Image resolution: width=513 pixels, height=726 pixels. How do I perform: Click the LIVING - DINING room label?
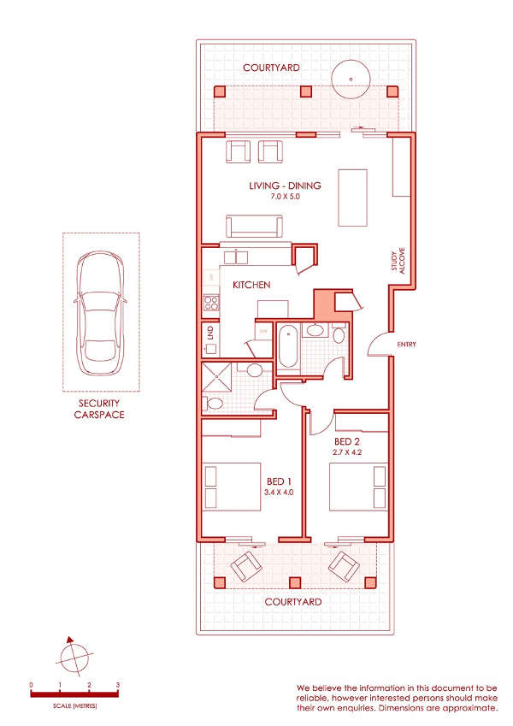[x=285, y=186]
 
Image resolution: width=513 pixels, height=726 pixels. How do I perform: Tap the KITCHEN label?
[x=251, y=285]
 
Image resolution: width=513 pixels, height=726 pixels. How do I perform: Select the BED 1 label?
[x=279, y=482]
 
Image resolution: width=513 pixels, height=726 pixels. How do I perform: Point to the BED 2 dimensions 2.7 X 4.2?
[x=347, y=452]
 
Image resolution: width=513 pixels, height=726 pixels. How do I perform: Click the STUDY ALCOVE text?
[x=398, y=261]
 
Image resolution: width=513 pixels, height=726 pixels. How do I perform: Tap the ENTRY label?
[x=406, y=345]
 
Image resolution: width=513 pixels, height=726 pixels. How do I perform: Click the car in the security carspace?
[x=101, y=313]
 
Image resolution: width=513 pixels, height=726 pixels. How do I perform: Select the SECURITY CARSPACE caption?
[x=99, y=409]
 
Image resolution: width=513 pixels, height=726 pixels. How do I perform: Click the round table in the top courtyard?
[x=351, y=80]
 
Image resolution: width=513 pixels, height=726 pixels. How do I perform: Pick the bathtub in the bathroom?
[x=288, y=346]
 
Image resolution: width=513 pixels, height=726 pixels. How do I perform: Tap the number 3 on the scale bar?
[x=118, y=685]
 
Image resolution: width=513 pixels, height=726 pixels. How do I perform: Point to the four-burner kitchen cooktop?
[x=211, y=303]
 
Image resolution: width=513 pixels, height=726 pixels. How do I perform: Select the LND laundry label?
[x=210, y=332]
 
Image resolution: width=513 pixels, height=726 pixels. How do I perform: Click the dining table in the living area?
[x=353, y=198]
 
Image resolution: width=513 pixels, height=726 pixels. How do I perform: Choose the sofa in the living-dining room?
[x=254, y=226]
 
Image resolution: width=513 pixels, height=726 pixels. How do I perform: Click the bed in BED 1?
[x=233, y=487]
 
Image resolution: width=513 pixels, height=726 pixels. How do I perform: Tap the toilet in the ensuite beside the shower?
[x=214, y=403]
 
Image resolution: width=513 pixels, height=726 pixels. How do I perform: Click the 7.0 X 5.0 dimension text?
[x=286, y=197]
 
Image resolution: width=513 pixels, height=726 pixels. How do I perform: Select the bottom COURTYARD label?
[x=293, y=602]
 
